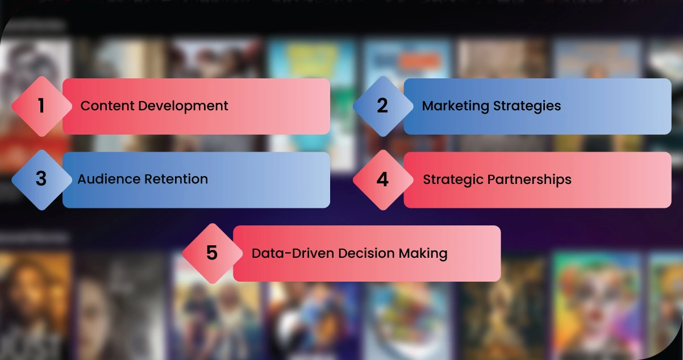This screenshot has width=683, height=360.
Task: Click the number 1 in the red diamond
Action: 41,106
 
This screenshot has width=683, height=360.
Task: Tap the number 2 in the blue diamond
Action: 382,106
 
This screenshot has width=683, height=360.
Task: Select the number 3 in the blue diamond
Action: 41,178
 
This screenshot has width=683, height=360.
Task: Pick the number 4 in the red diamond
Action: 382,179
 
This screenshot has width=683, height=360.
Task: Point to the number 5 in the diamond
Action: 212,253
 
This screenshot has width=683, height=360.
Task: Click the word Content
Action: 107,106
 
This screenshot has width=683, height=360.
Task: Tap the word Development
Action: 183,106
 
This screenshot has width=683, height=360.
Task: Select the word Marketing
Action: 456,106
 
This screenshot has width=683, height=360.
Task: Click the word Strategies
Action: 527,106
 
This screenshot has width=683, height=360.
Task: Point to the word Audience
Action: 109,179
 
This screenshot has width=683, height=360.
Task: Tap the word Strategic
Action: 453,180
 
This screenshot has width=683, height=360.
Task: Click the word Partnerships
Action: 530,180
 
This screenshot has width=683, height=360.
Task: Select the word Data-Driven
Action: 293,253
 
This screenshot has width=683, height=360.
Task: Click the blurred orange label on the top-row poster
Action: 420,61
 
